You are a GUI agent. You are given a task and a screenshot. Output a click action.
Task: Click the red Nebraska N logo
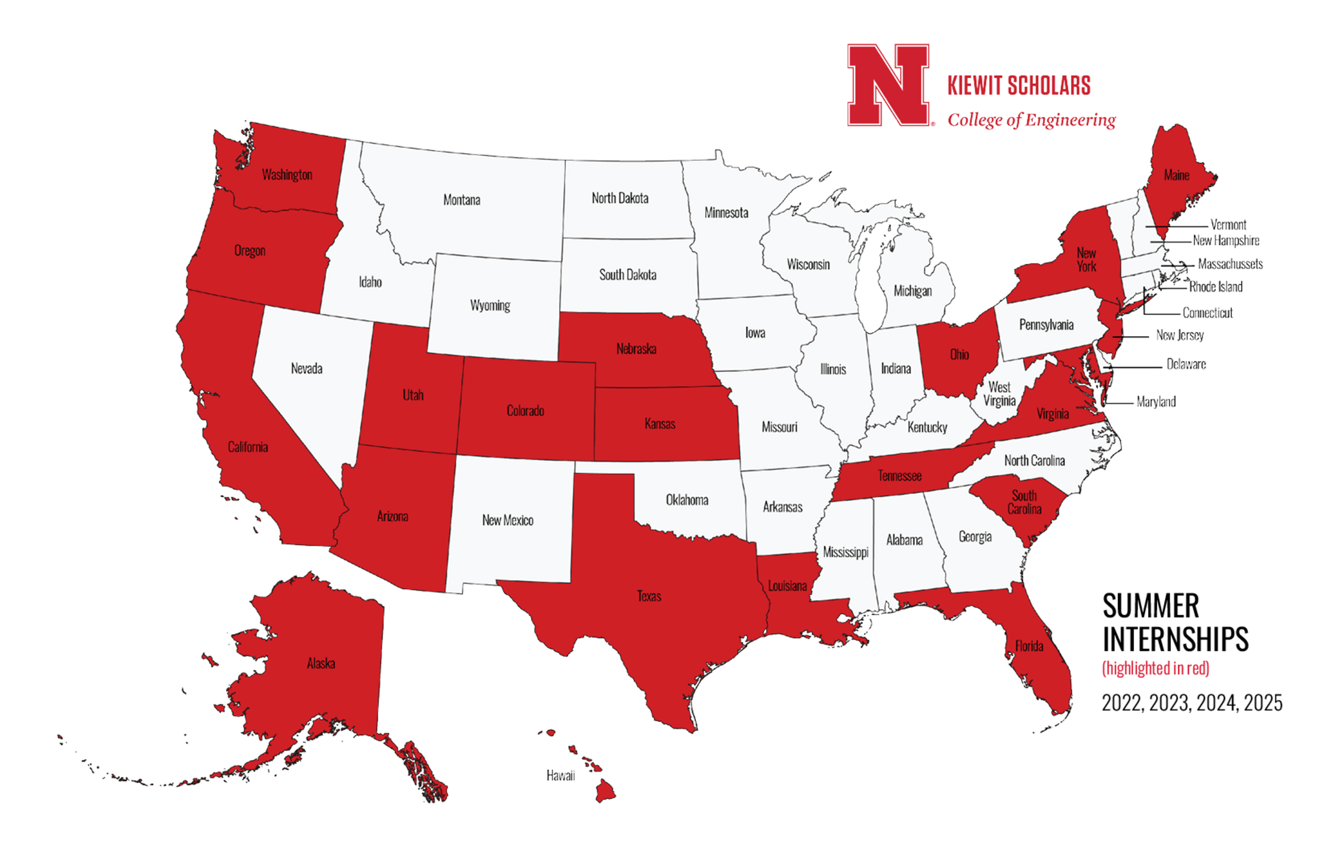(x=888, y=85)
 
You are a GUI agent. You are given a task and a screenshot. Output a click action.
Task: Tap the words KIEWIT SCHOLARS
(x=1019, y=86)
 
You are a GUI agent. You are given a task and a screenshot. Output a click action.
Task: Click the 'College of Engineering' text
(x=1032, y=120)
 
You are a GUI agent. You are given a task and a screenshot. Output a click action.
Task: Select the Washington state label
(x=287, y=175)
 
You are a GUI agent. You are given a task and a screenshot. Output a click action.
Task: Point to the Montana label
(x=462, y=200)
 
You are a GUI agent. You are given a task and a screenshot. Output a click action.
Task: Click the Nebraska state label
(x=636, y=349)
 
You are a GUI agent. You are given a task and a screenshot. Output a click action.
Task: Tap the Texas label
(x=649, y=596)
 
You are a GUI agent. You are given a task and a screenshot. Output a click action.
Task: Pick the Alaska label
(x=321, y=663)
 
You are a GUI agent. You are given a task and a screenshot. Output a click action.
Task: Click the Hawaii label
(x=560, y=775)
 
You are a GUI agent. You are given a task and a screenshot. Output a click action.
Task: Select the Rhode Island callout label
(x=1216, y=287)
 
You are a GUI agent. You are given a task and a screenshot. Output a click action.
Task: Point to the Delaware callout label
(x=1187, y=364)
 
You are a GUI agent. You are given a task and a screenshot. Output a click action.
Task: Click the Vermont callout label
(x=1228, y=225)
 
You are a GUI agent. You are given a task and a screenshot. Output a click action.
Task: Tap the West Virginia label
(x=999, y=394)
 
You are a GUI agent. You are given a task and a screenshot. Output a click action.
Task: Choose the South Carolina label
(x=1024, y=502)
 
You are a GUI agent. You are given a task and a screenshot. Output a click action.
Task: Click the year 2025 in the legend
(x=1263, y=703)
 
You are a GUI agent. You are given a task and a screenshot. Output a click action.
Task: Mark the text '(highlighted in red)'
(x=1156, y=668)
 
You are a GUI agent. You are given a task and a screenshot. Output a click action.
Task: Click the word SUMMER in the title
(x=1151, y=606)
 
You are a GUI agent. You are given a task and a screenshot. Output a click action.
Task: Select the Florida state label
(x=1029, y=646)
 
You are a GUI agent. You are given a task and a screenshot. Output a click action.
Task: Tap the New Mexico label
(x=508, y=520)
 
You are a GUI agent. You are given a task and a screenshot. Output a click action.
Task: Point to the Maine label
(x=1176, y=175)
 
